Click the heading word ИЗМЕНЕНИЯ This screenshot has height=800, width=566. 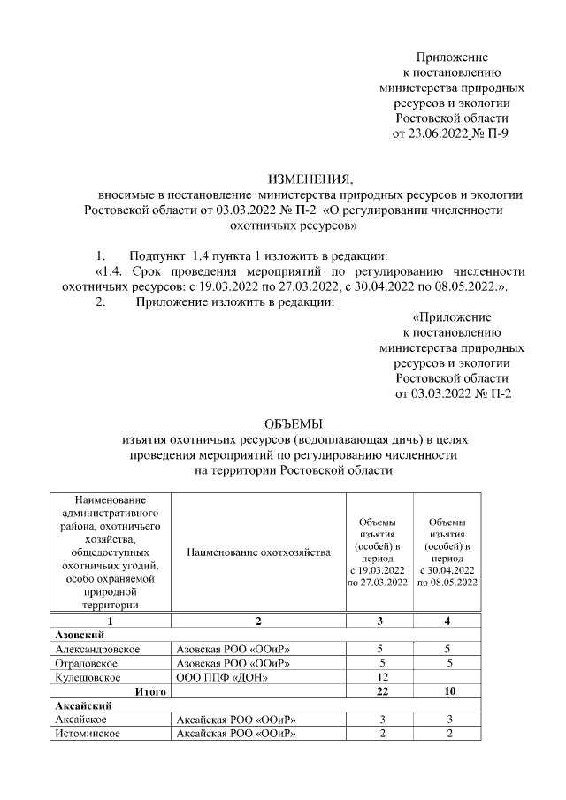(x=303, y=179)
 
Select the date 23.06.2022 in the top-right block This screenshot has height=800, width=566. (x=431, y=134)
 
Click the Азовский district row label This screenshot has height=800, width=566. (x=80, y=635)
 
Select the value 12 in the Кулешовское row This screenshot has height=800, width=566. (x=381, y=677)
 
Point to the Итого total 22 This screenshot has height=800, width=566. (x=381, y=691)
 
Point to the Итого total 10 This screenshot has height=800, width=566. (x=447, y=691)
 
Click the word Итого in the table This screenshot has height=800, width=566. (x=150, y=691)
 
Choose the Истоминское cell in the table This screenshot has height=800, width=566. (x=88, y=734)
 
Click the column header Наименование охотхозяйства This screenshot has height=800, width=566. (x=258, y=552)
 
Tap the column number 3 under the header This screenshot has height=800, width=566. (x=381, y=621)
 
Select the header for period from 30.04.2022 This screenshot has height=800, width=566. (x=447, y=552)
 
